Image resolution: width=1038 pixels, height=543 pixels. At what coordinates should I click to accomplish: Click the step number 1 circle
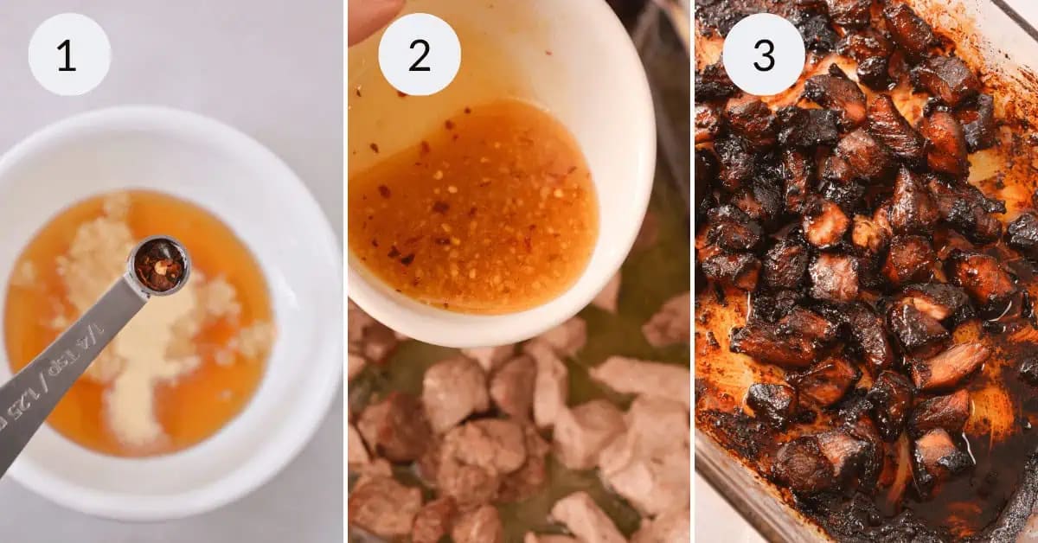(x=69, y=54)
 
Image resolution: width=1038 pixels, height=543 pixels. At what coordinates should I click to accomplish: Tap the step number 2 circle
(x=420, y=54)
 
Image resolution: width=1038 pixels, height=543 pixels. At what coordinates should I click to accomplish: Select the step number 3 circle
(x=764, y=54)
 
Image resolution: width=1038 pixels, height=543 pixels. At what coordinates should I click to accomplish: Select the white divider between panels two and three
(x=692, y=271)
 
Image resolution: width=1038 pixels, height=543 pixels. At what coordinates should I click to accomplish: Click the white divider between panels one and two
(x=346, y=271)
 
